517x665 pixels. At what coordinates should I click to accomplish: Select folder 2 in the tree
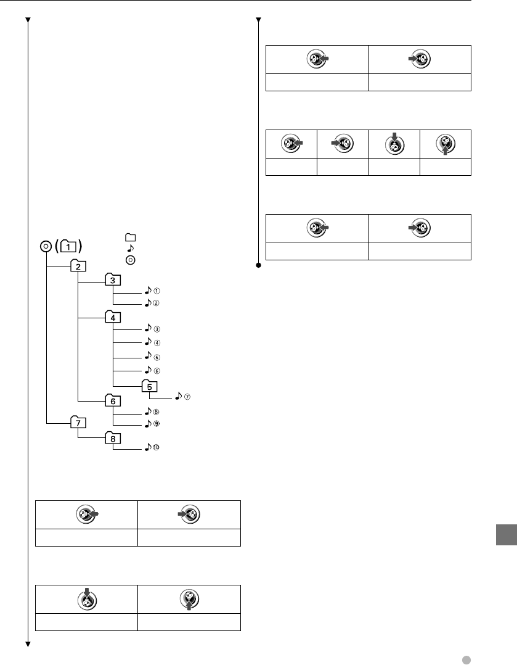[x=79, y=266]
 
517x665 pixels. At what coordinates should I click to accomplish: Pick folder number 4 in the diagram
[x=113, y=317]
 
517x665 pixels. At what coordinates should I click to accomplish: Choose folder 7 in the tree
[x=78, y=423]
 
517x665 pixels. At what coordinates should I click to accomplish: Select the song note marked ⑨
[x=148, y=424]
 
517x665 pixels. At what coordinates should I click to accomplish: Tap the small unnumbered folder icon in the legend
[x=129, y=237]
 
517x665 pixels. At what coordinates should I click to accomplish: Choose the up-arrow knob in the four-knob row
[x=446, y=144]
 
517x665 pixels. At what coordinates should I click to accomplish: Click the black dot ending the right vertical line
[x=259, y=266]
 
